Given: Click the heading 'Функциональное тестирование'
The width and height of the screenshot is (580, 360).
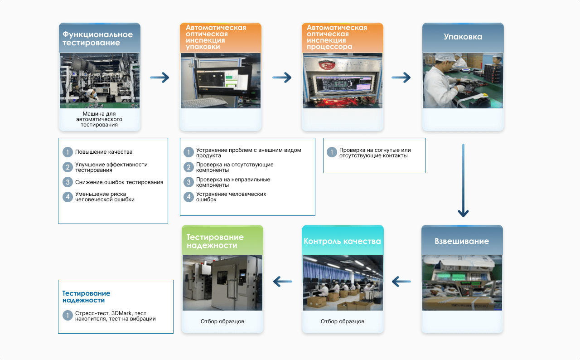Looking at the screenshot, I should tap(97, 39).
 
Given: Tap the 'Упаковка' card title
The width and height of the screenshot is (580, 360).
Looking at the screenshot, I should tap(463, 37).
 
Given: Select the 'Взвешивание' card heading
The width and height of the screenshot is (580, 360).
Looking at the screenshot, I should tap(462, 241).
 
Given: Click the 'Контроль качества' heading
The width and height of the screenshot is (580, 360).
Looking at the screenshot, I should tap(342, 241).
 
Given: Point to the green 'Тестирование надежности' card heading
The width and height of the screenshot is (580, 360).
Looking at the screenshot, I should tap(215, 241).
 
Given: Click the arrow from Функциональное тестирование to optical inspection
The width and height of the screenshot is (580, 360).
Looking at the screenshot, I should tap(159, 78).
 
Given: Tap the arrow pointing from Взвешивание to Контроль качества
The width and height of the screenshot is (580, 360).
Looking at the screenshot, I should tap(401, 282).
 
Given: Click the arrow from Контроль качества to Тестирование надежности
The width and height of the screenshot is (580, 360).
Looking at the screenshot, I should tap(282, 282).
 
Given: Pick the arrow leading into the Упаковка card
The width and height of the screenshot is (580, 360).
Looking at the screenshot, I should tap(401, 78).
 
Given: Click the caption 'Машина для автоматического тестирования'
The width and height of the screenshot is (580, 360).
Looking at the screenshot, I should tap(99, 119).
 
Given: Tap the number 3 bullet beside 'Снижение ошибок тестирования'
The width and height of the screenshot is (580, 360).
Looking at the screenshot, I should tap(68, 182).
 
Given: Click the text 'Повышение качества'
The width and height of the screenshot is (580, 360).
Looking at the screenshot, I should tap(104, 152).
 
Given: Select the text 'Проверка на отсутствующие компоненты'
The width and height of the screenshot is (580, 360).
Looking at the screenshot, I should tap(235, 167).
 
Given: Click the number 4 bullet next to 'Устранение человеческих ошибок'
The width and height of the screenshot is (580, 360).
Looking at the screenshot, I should tap(188, 197).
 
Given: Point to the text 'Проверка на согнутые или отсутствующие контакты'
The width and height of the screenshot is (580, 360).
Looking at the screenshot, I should tap(375, 153).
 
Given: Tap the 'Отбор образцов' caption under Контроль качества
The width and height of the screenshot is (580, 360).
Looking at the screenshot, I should tap(342, 321).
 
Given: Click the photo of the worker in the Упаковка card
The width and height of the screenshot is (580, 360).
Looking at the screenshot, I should tap(463, 81).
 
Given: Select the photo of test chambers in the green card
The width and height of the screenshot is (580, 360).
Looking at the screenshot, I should tap(222, 282).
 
